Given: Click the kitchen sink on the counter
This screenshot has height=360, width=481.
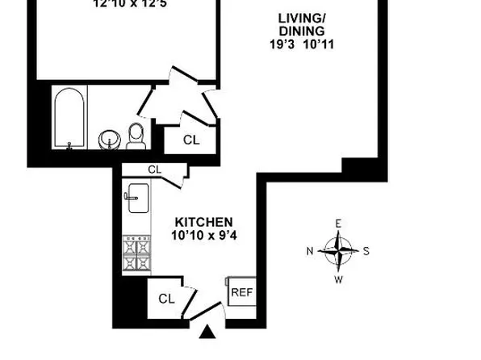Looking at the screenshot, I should click(x=135, y=196).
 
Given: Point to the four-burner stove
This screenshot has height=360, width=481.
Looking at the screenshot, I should click(x=136, y=254).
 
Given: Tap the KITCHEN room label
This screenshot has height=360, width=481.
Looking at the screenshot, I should click(x=204, y=222).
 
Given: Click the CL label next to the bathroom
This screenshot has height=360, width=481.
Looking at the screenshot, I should click(x=190, y=140).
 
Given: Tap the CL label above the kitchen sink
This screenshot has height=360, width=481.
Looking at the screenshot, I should click(x=154, y=170).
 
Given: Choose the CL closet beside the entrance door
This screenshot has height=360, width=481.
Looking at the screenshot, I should click(x=166, y=299).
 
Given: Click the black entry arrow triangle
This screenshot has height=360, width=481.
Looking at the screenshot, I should click(x=208, y=331).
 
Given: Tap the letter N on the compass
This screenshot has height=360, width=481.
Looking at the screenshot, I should click(x=311, y=251).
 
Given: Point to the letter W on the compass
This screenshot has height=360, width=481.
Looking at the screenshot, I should click(x=339, y=279).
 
